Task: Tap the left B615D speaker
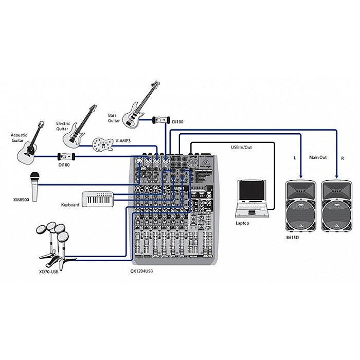coord(300,206)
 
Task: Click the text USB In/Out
coord(241,147)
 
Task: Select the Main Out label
coord(317,157)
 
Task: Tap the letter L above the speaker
coord(295,158)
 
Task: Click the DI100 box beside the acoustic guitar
coord(66,156)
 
